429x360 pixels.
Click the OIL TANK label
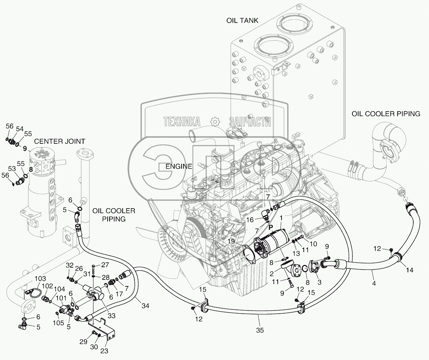click(242, 21)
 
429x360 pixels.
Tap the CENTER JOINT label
click(59, 141)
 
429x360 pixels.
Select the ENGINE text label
click(178, 166)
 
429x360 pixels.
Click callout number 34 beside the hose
click(145, 306)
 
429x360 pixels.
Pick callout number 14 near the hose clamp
click(409, 270)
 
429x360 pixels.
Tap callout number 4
click(373, 283)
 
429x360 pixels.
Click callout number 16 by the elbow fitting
click(249, 220)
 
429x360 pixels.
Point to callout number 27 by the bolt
click(105, 265)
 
